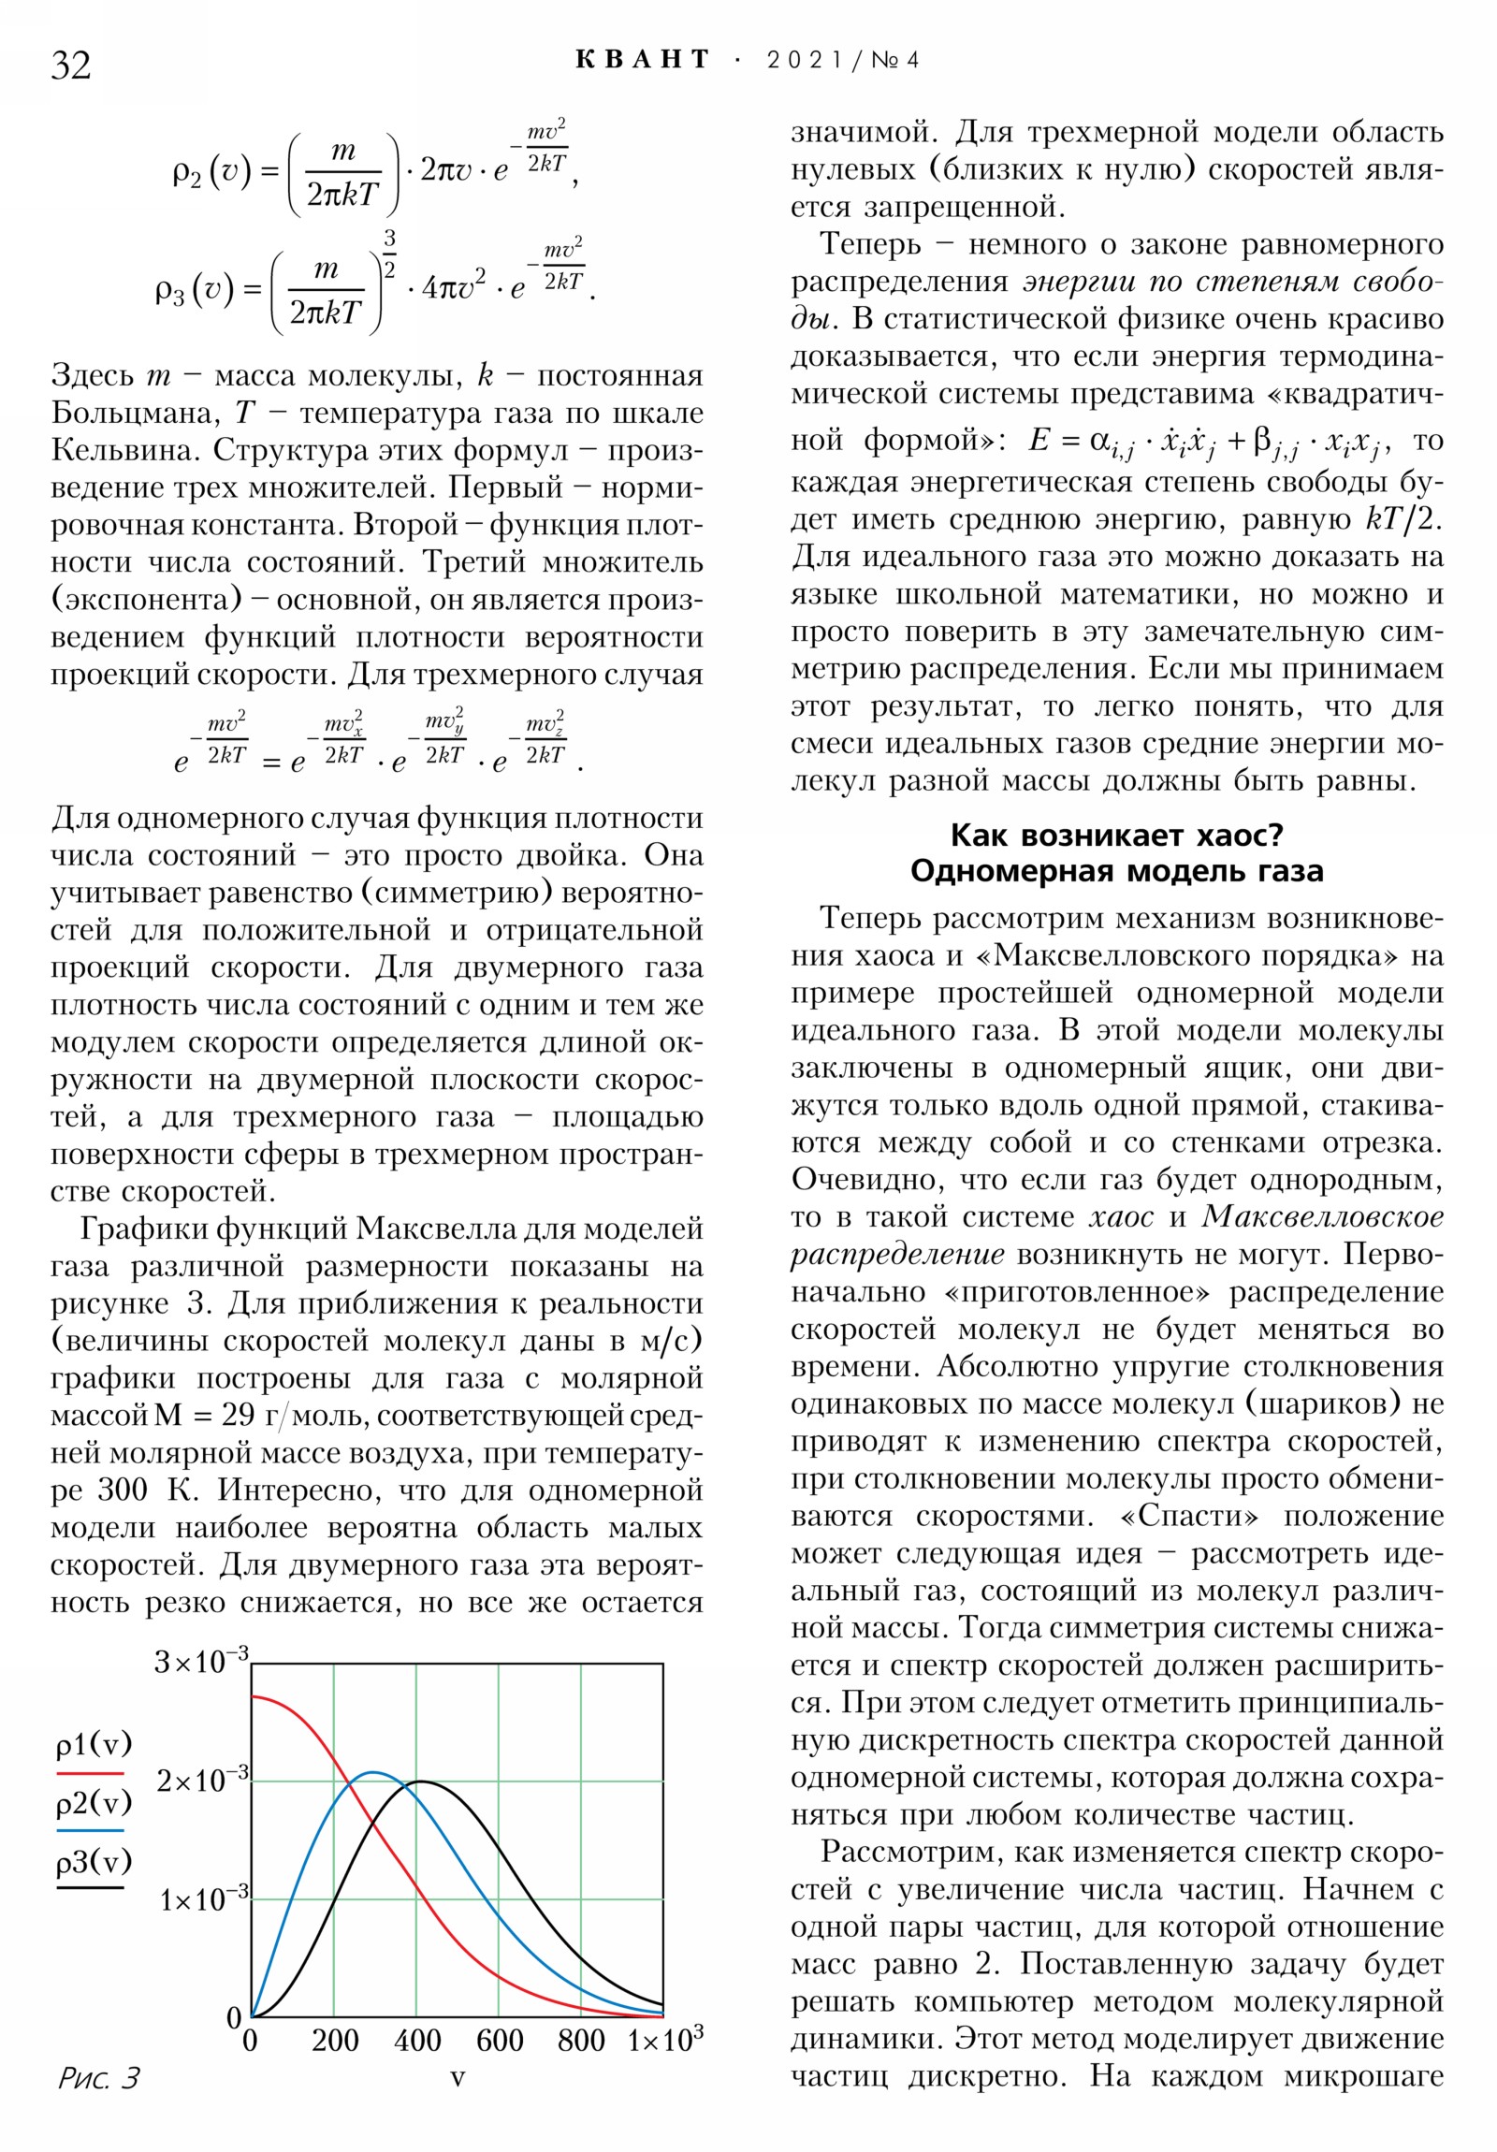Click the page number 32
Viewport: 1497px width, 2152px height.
71,65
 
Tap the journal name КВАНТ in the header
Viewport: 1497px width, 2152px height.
642,60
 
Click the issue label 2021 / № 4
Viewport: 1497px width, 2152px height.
843,60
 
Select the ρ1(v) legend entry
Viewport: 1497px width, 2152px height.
94,1745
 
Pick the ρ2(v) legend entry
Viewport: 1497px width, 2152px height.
94,1801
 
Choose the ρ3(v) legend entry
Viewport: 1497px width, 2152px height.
94,1860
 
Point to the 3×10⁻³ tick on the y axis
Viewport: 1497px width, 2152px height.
200,1661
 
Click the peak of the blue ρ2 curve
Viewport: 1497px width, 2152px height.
373,1771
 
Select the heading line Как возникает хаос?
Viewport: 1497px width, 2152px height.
1116,835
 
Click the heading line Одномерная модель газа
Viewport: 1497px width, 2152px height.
1116,871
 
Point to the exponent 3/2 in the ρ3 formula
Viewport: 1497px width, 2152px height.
389,253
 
